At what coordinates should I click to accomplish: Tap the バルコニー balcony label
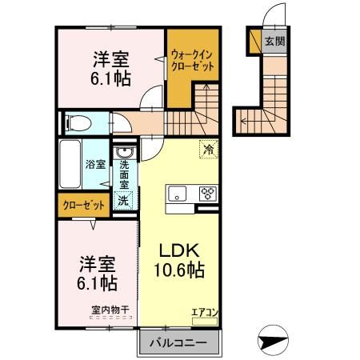179,342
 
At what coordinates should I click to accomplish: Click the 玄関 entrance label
274,42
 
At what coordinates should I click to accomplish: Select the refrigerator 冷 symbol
208,149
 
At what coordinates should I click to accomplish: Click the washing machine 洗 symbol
124,201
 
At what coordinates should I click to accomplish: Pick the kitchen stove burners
207,192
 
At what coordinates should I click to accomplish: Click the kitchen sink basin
178,192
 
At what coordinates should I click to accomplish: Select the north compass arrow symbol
273,340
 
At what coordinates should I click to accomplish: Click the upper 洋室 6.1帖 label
110,69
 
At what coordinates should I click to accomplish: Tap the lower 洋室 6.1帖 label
96,273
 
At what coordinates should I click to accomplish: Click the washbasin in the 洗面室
125,152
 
